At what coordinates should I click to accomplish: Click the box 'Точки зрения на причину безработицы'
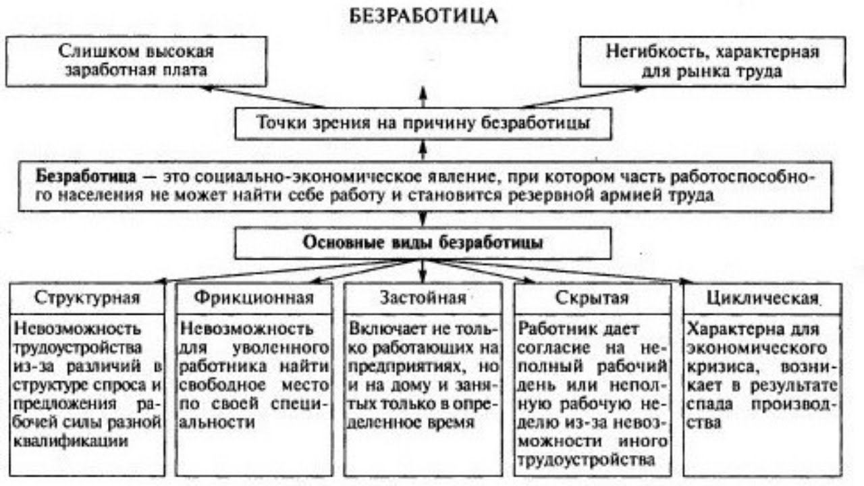(x=423, y=123)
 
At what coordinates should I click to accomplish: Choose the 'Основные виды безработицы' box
(x=423, y=242)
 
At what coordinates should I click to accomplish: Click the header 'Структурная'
(x=88, y=298)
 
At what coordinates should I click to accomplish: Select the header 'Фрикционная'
(x=254, y=298)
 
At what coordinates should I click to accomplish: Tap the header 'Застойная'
(x=423, y=298)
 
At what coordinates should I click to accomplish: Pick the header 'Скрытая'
(x=592, y=298)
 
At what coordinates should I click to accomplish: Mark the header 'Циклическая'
(x=761, y=298)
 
